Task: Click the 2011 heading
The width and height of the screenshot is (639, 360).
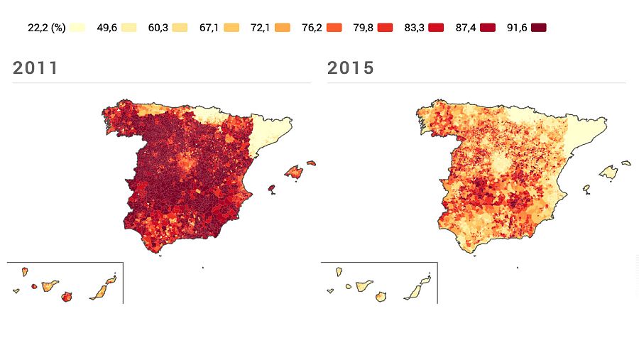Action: [x=35, y=68]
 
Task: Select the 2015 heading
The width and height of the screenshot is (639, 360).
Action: [x=350, y=68]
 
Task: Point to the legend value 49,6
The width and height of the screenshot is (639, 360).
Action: [x=108, y=28]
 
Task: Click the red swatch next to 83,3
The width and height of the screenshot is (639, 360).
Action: [x=436, y=28]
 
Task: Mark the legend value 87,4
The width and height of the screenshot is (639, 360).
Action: [x=466, y=28]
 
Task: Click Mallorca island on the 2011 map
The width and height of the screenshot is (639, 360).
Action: [x=295, y=171]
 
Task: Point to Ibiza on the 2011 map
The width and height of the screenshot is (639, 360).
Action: [x=271, y=188]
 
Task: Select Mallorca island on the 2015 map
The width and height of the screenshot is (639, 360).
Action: [x=609, y=172]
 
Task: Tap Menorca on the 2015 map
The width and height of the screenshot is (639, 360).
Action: [x=626, y=163]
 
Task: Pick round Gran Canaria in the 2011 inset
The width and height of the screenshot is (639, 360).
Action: [x=68, y=297]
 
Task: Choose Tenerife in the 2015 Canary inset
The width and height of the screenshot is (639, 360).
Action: [x=363, y=285]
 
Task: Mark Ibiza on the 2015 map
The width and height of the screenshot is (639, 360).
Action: [x=586, y=189]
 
